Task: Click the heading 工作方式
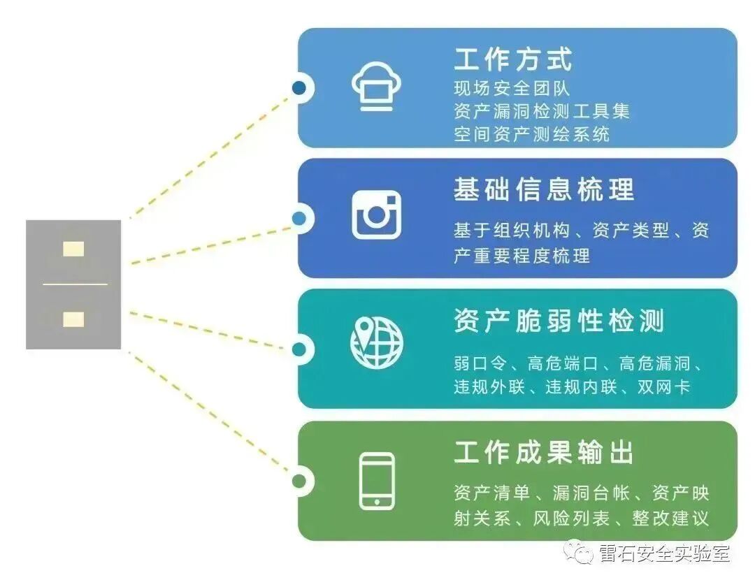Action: point(513,59)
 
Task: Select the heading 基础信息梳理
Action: point(544,189)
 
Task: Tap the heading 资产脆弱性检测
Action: point(559,321)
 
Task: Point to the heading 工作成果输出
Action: point(544,452)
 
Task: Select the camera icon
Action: point(377,215)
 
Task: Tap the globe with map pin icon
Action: point(377,344)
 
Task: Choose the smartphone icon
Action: point(377,481)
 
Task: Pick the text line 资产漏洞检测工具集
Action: point(542,111)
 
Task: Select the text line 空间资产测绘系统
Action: point(532,133)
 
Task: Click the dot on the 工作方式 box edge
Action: point(299,88)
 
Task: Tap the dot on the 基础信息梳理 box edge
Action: point(299,218)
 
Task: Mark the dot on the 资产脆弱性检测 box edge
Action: point(299,349)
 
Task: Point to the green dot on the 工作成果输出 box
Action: point(299,480)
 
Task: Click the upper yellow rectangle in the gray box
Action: point(73,249)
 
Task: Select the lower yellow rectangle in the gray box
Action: point(73,319)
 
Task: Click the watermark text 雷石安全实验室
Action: point(664,553)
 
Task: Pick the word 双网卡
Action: point(663,386)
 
